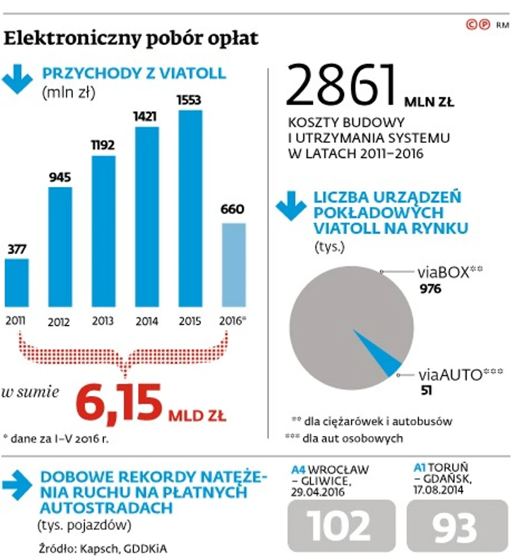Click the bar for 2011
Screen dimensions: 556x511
point(17,283)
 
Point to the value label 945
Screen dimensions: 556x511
point(60,176)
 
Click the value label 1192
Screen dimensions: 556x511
point(103,145)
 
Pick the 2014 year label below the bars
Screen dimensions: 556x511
point(147,321)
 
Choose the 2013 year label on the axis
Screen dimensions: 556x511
point(103,321)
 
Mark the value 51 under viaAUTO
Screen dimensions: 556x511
point(426,391)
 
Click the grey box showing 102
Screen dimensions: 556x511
point(340,525)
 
